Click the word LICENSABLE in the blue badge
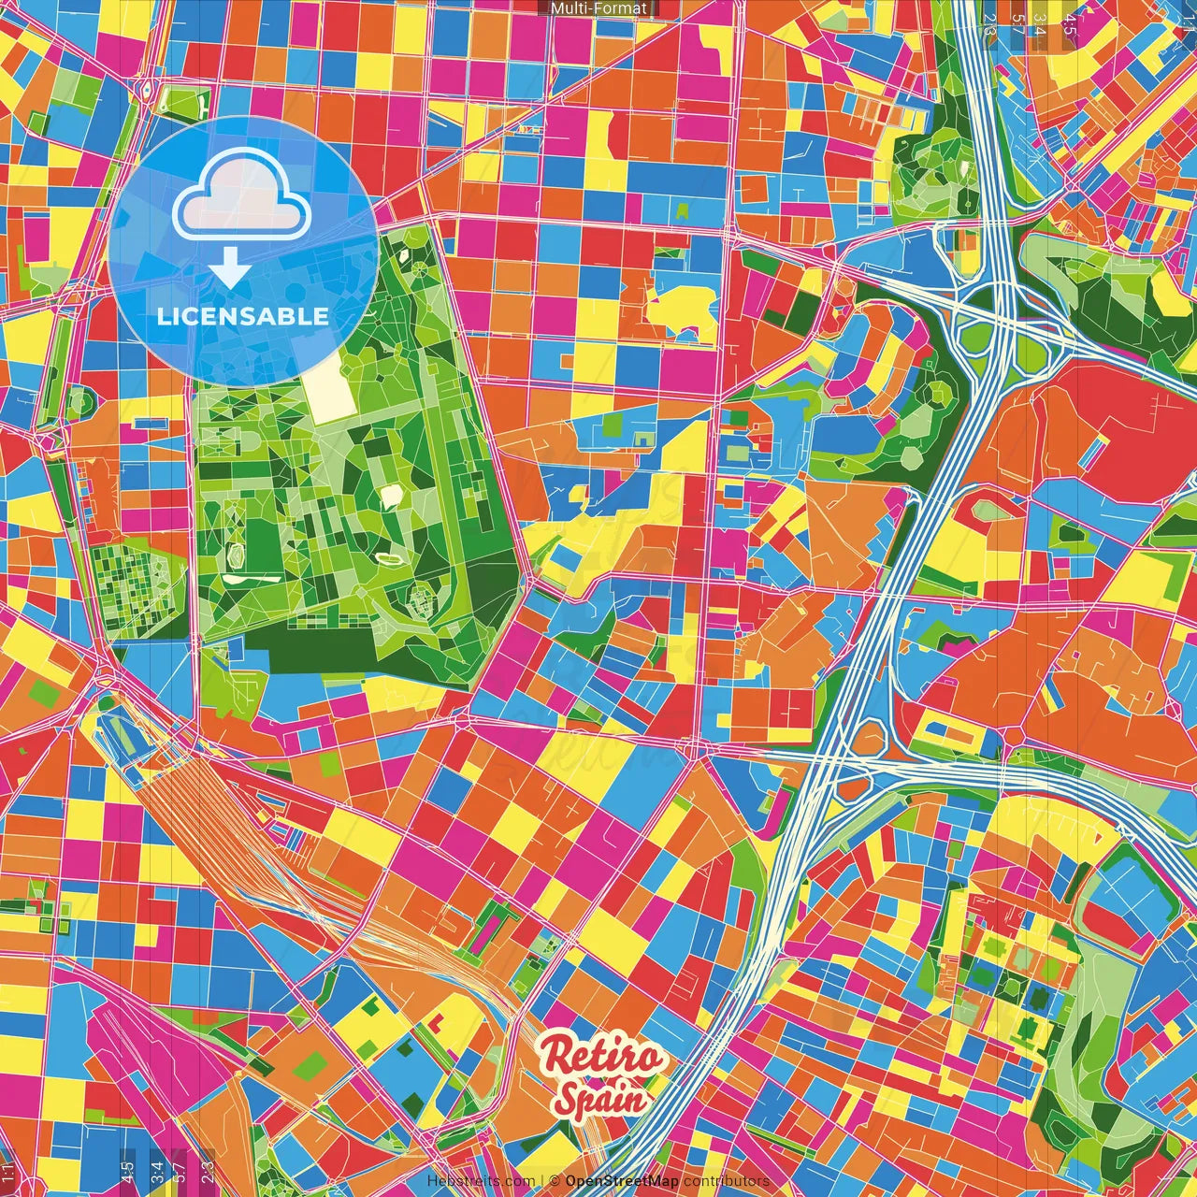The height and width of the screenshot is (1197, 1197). click(x=243, y=316)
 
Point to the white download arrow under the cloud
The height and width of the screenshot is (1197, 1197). click(x=229, y=269)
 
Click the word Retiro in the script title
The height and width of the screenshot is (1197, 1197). click(x=603, y=1058)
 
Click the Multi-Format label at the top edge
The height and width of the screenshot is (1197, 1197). click(x=598, y=8)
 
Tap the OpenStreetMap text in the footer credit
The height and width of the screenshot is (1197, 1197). click(x=621, y=1181)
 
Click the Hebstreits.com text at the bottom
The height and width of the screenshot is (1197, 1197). click(x=481, y=1181)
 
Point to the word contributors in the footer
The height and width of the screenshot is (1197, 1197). click(x=727, y=1181)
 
